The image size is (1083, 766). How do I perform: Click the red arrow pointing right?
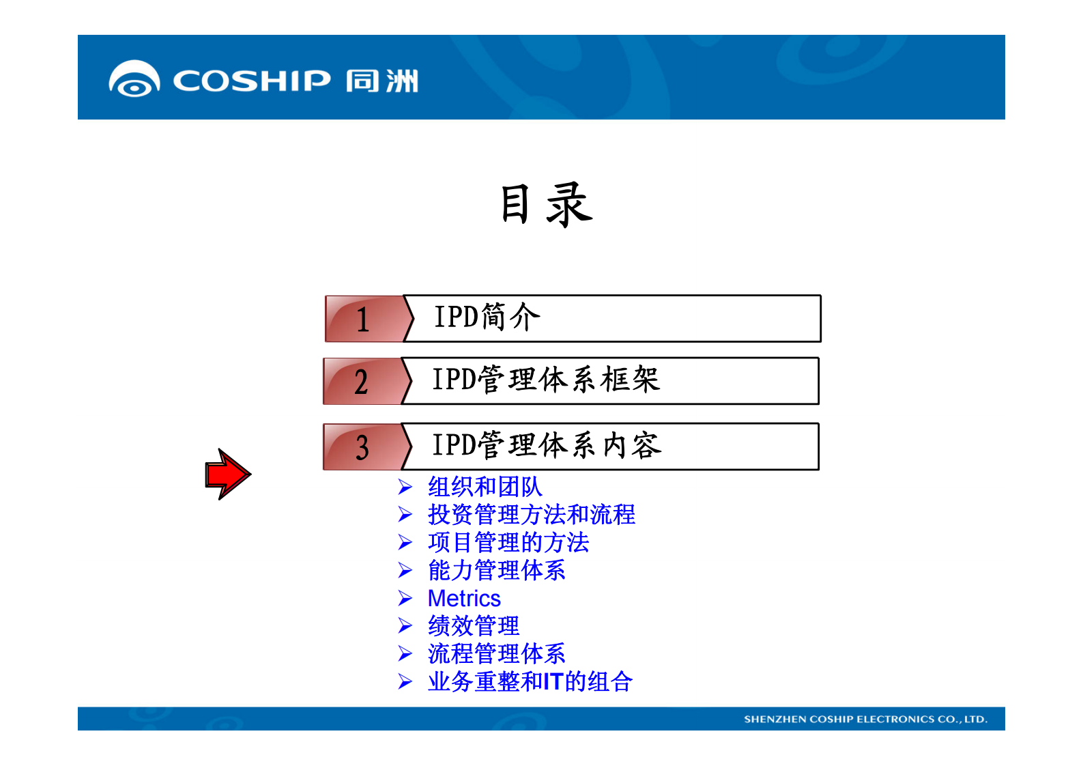click(228, 474)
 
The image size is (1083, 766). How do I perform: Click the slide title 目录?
click(546, 204)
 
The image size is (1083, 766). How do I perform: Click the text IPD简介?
click(487, 317)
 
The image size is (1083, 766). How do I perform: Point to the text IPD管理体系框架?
click(546, 380)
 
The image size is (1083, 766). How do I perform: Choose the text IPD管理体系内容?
click(547, 445)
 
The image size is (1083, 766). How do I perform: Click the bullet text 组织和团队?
click(485, 487)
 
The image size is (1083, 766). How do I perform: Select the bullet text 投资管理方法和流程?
click(531, 515)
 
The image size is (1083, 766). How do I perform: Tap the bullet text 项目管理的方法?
click(508, 543)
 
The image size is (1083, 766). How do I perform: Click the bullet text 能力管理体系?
click(496, 570)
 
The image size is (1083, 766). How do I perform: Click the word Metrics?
click(464, 599)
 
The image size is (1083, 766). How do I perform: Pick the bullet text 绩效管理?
click(473, 626)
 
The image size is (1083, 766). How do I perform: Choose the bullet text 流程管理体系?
click(496, 654)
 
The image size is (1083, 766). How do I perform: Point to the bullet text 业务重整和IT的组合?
click(530, 682)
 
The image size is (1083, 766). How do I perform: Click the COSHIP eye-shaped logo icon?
click(134, 79)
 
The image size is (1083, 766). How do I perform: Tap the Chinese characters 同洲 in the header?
click(381, 81)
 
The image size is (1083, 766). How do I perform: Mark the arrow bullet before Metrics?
click(405, 599)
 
